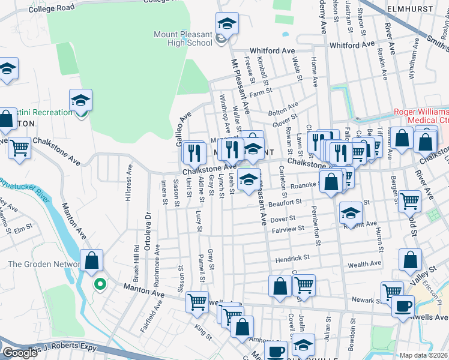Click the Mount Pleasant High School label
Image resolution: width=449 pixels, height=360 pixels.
(182, 38)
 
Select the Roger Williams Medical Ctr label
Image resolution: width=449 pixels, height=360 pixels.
(421, 116)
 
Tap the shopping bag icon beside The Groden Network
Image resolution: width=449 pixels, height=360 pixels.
(91, 262)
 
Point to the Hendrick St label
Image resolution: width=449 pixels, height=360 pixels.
(292, 257)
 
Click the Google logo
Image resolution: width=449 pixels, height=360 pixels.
(20, 353)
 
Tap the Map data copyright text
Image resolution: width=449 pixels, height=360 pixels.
(423, 355)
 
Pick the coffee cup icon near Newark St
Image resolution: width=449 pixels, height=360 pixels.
(402, 306)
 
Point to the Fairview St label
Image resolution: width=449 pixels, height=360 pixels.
(291, 229)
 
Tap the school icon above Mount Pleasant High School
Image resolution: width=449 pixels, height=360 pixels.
(227, 24)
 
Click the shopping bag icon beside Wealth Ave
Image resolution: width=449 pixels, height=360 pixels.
(411, 260)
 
